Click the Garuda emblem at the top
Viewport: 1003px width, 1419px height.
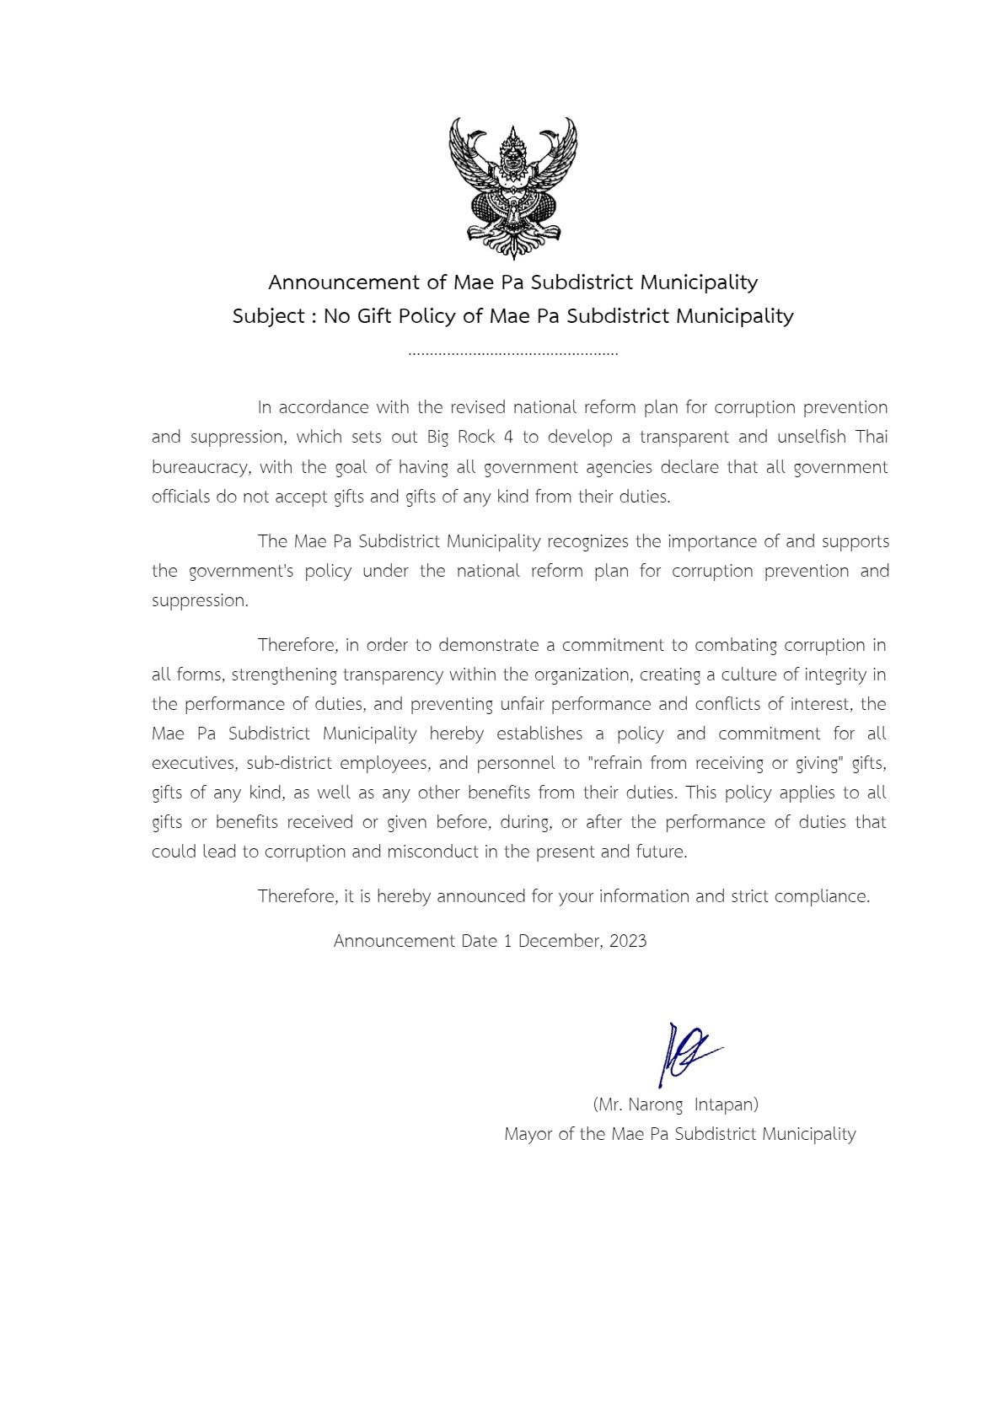(x=512, y=188)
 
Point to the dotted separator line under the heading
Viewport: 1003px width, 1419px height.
(x=512, y=353)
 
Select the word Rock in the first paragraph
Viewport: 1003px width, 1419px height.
(x=476, y=437)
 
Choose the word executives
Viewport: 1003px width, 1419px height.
(x=194, y=763)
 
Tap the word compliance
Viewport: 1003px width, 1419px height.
(x=826, y=896)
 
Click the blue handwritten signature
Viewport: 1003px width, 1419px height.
(x=684, y=1054)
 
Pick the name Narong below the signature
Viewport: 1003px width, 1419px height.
(x=656, y=1105)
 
